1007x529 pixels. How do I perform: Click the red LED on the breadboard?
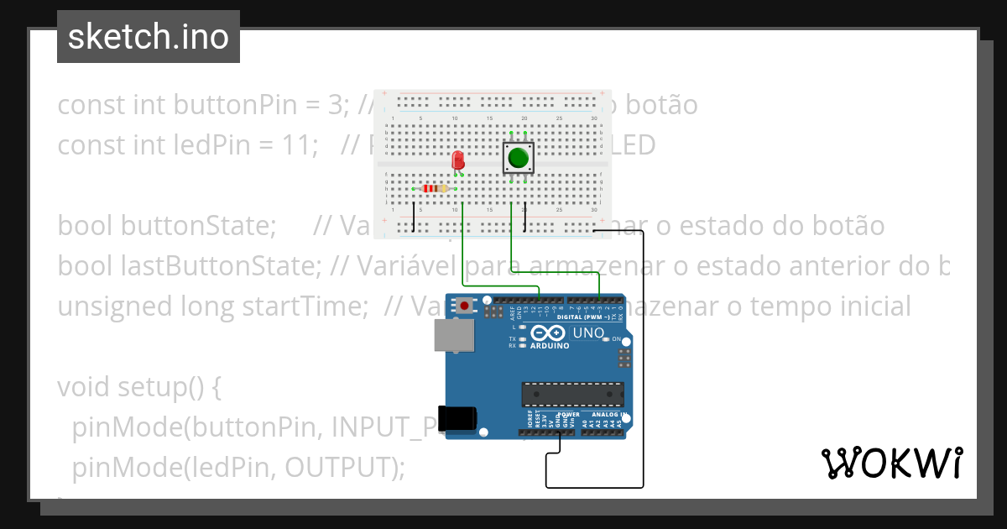(x=458, y=160)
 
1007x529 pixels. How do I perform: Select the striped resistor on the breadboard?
(x=435, y=188)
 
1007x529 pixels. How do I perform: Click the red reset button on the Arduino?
(x=464, y=306)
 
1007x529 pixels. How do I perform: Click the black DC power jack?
(x=459, y=419)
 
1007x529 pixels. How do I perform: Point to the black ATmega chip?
(x=573, y=393)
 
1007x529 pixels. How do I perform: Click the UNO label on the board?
(x=588, y=333)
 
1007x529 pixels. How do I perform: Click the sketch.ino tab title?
(x=149, y=37)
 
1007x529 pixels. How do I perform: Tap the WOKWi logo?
(x=891, y=463)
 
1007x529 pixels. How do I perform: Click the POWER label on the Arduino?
(x=570, y=415)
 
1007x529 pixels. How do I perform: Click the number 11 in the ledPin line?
(x=293, y=145)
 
